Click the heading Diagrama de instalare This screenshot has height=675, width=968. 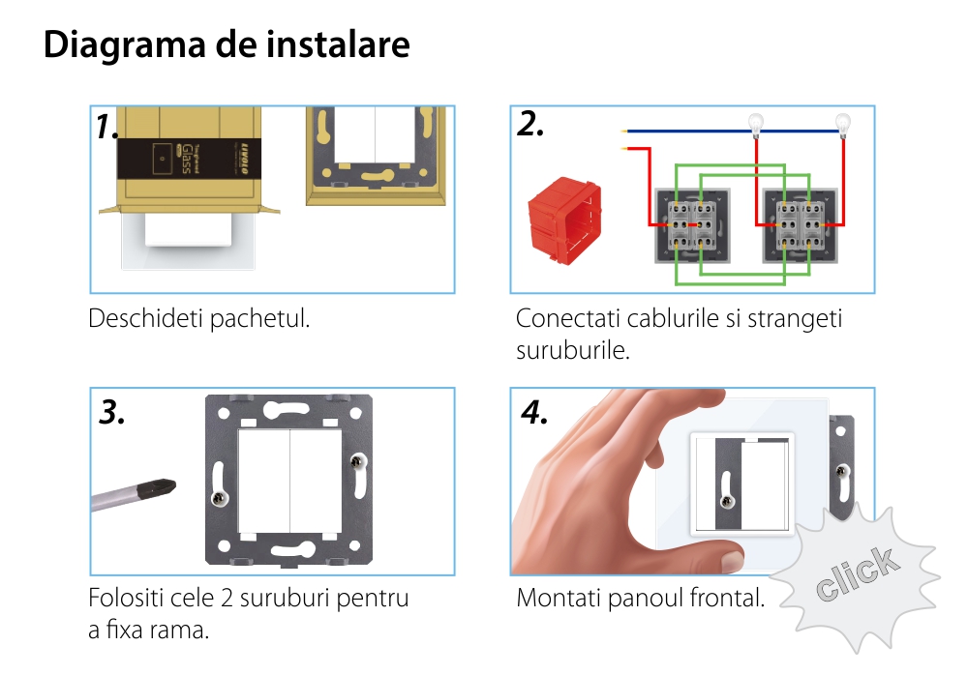(227, 45)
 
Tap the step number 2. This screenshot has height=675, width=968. (530, 124)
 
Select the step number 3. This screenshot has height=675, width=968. (113, 413)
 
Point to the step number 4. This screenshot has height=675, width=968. (533, 412)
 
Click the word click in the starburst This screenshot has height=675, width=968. (856, 573)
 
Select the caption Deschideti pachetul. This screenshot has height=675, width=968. (199, 318)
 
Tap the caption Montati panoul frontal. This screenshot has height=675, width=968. (640, 598)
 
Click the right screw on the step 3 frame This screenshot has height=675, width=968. (361, 462)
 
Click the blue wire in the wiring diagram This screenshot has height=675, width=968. (687, 131)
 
